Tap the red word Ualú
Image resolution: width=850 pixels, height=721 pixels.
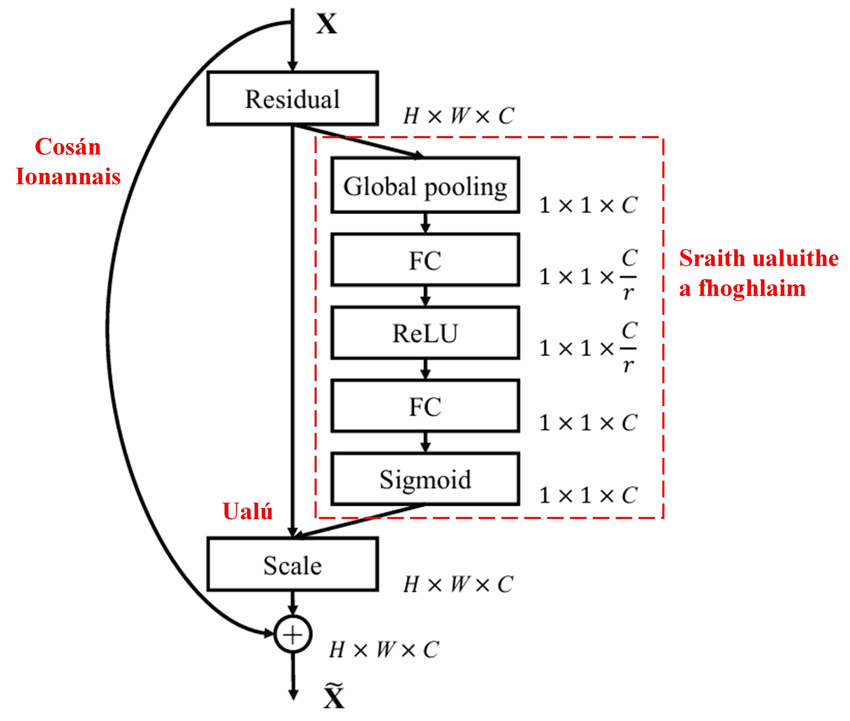click(247, 511)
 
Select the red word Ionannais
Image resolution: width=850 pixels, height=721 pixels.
click(68, 176)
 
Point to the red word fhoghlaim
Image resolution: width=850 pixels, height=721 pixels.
click(752, 288)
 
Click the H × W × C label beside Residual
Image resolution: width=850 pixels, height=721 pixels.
click(458, 116)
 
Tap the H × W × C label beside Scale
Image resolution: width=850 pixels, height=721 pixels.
click(458, 584)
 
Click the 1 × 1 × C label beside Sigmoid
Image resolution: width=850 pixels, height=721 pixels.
click(588, 495)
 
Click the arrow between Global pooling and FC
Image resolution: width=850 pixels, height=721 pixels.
click(425, 223)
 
